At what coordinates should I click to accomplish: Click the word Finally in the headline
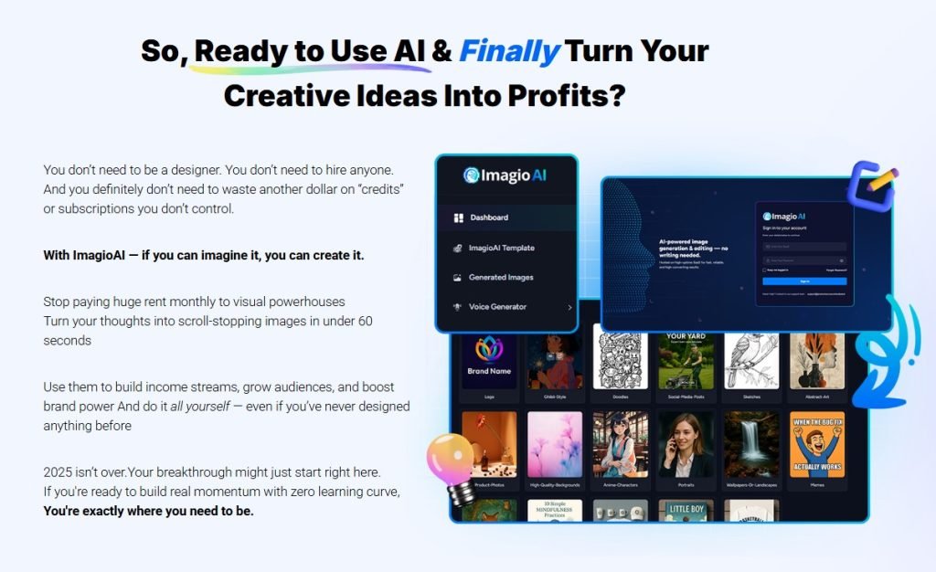click(x=509, y=52)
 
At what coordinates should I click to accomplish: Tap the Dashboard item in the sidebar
click(x=489, y=217)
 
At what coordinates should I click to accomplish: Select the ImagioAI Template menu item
click(x=501, y=248)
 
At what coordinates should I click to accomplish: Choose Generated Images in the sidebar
click(x=501, y=277)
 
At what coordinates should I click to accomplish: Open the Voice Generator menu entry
click(x=497, y=307)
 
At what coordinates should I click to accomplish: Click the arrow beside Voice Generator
click(x=569, y=308)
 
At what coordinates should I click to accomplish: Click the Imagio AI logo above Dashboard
click(x=505, y=175)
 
